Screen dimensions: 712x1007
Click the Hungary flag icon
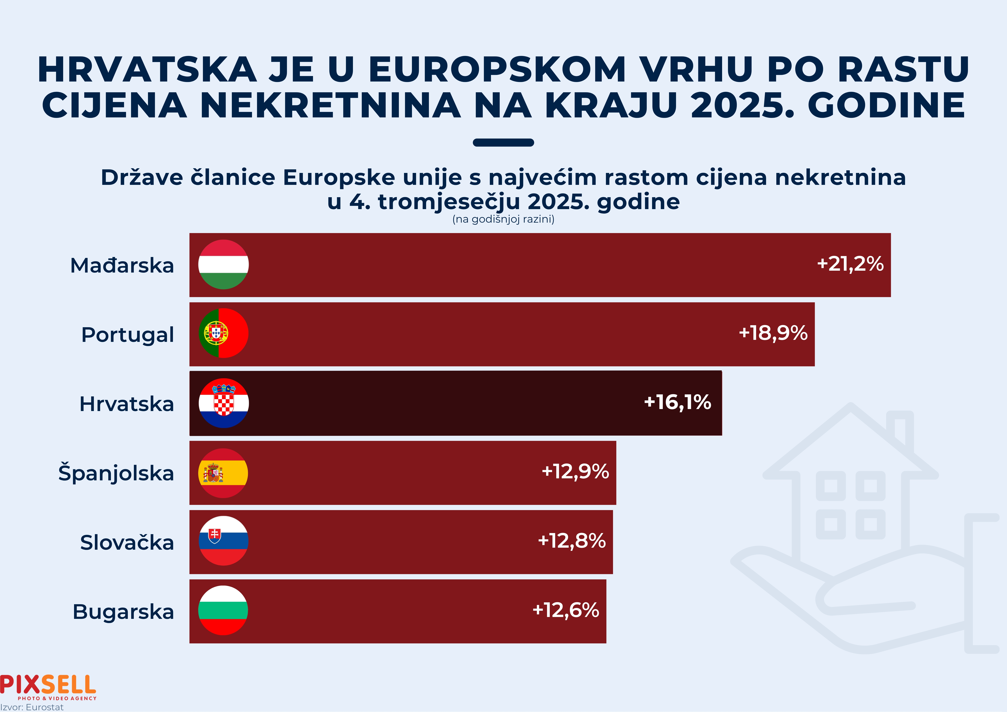223,265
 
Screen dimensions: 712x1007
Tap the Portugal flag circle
223,333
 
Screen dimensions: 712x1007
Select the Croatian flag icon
224,403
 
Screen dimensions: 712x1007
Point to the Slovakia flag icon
223,541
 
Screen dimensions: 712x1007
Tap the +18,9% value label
773,333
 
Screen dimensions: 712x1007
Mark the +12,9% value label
575,472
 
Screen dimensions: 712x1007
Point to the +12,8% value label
572,541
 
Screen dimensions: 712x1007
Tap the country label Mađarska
122,265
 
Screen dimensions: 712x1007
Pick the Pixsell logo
48,687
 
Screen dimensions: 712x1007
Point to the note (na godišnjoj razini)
503,219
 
